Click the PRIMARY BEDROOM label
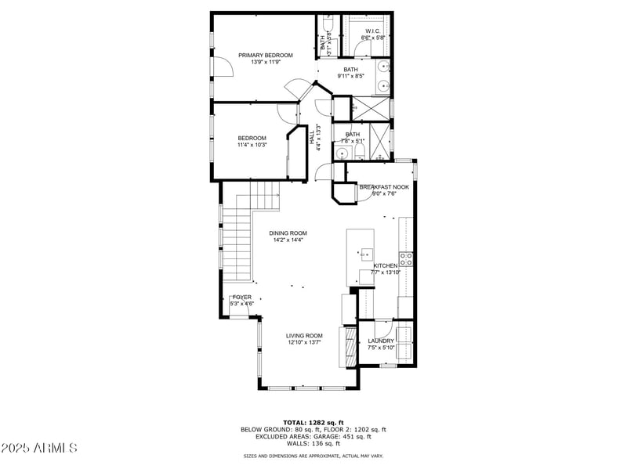pyautogui.click(x=266, y=55)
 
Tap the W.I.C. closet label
pyautogui.click(x=371, y=31)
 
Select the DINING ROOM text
pyautogui.click(x=288, y=233)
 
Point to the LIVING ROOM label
pyautogui.click(x=304, y=335)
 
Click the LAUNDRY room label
pyautogui.click(x=381, y=341)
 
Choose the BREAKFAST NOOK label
pyautogui.click(x=384, y=186)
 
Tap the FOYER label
pyautogui.click(x=242, y=298)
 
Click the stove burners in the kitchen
pyautogui.click(x=406, y=258)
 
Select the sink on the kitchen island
pyautogui.click(x=367, y=254)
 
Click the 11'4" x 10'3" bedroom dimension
pyautogui.click(x=252, y=145)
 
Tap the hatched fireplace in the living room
pyautogui.click(x=343, y=345)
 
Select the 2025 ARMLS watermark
pyautogui.click(x=39, y=448)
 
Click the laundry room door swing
pyautogui.click(x=382, y=328)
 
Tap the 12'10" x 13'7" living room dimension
pyautogui.click(x=304, y=342)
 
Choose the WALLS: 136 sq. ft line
pyautogui.click(x=313, y=443)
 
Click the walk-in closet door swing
pyautogui.click(x=361, y=49)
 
